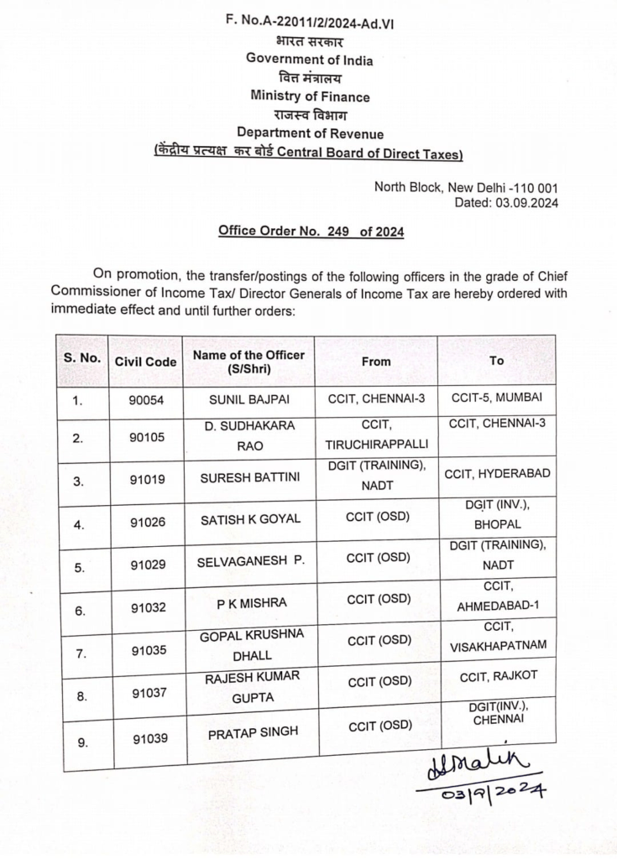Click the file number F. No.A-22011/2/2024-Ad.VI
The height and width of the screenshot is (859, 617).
tap(310, 23)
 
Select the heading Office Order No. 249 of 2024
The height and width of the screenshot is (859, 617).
tap(311, 231)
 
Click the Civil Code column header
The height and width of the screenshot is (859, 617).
tap(146, 362)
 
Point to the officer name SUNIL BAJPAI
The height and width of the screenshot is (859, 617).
tap(248, 399)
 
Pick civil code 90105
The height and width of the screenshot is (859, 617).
tap(146, 438)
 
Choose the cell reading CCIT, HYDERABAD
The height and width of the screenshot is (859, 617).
tap(497, 473)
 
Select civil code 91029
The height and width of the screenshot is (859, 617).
tap(146, 567)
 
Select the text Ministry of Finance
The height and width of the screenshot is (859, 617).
tap(310, 96)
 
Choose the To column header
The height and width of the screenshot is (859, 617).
tap(496, 361)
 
